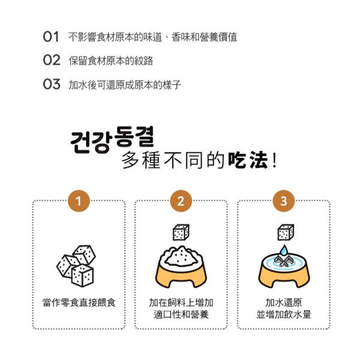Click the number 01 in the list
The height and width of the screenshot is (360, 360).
pyautogui.click(x=51, y=37)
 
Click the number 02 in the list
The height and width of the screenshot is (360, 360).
pyautogui.click(x=52, y=61)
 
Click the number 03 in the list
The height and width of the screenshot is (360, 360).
pyautogui.click(x=52, y=85)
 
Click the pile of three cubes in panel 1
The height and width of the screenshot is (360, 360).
pyautogui.click(x=76, y=264)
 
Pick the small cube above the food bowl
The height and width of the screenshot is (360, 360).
pyautogui.click(x=181, y=232)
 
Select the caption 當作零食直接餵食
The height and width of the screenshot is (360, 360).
pyautogui.click(x=79, y=302)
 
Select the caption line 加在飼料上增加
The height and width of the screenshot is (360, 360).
pyautogui.click(x=181, y=302)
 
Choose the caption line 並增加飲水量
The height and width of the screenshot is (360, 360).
pyautogui.click(x=283, y=314)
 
